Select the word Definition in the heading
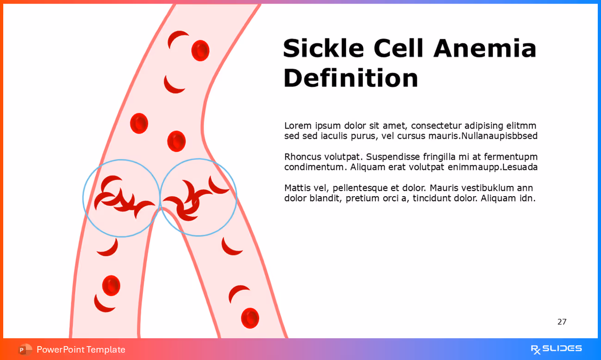(351, 78)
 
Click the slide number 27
(562, 322)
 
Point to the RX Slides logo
(556, 349)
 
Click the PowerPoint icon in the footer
(25, 349)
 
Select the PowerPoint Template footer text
(81, 349)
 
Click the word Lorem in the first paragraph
(298, 126)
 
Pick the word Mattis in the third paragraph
(297, 188)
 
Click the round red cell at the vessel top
(200, 50)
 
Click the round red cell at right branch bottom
(250, 318)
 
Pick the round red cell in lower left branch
(111, 286)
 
